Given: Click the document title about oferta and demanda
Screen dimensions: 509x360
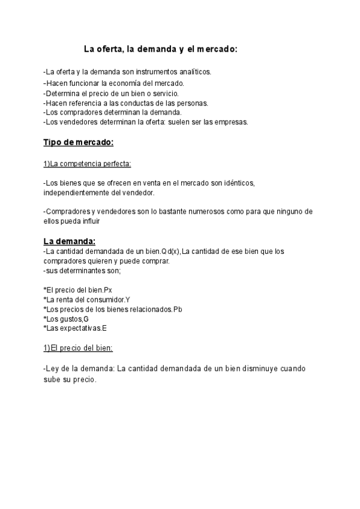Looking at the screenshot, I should tap(160, 49).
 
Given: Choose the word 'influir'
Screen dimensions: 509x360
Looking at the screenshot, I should tap(104, 221).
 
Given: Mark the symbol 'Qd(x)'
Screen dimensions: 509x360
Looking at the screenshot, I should tap(171, 251).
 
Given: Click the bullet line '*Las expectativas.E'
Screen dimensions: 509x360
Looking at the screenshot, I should tap(75, 328).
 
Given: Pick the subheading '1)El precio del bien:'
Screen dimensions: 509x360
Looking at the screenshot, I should tap(78, 348).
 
